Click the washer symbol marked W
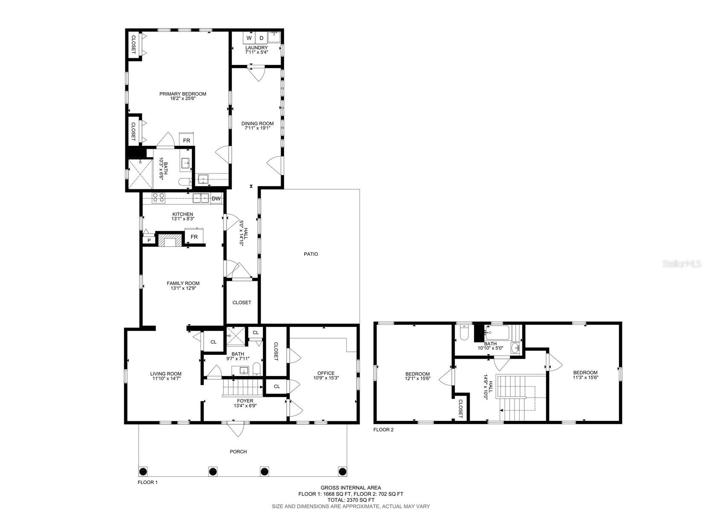click(249, 38)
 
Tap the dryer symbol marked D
click(261, 38)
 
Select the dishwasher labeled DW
click(216, 198)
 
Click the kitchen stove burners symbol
click(158, 198)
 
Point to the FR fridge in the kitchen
click(194, 237)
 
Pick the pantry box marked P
click(149, 240)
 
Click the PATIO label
click(311, 254)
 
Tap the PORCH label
click(238, 452)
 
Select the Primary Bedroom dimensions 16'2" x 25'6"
click(183, 98)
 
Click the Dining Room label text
click(258, 124)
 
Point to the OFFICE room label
click(326, 373)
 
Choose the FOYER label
click(245, 401)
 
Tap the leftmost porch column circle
click(143, 471)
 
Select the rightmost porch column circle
click(343, 471)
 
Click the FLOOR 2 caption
click(383, 429)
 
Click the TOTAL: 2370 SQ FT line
click(351, 500)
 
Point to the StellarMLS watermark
click(681, 264)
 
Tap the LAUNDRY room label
click(256, 48)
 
